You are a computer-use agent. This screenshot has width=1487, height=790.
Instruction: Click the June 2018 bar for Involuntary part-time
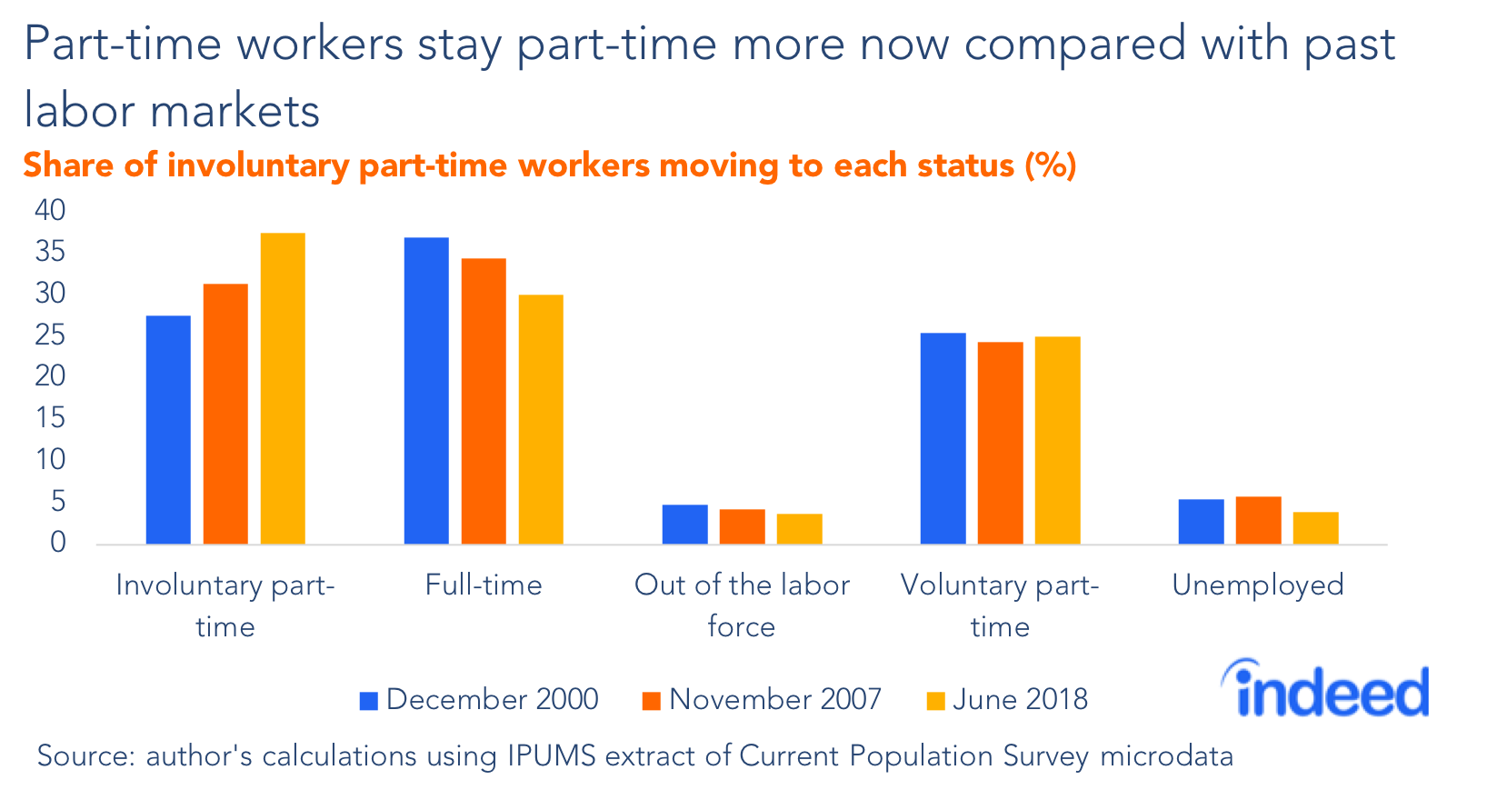point(283,389)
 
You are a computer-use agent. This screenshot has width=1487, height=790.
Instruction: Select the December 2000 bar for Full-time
point(426,391)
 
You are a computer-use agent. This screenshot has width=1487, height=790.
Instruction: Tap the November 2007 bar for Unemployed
point(1258,521)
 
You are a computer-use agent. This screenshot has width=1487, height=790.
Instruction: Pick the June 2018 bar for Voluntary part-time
point(1057,441)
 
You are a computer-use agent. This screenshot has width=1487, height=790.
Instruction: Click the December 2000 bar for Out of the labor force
point(684,525)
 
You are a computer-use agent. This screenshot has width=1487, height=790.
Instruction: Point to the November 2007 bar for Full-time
point(484,402)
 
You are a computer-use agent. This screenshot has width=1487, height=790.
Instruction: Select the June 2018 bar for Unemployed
point(1315,528)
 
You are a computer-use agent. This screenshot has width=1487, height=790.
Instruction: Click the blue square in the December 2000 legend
point(368,701)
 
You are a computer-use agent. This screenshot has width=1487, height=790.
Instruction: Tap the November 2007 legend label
point(774,699)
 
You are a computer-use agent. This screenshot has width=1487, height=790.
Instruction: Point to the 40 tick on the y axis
point(51,211)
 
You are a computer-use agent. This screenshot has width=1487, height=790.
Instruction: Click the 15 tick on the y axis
point(51,418)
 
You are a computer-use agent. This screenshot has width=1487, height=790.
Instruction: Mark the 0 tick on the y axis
point(58,543)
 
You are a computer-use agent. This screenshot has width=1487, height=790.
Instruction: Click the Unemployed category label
point(1257,585)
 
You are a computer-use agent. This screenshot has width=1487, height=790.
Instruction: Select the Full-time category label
point(484,585)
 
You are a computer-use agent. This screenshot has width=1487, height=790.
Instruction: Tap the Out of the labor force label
point(742,605)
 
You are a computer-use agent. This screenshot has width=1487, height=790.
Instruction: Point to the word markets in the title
point(235,112)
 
